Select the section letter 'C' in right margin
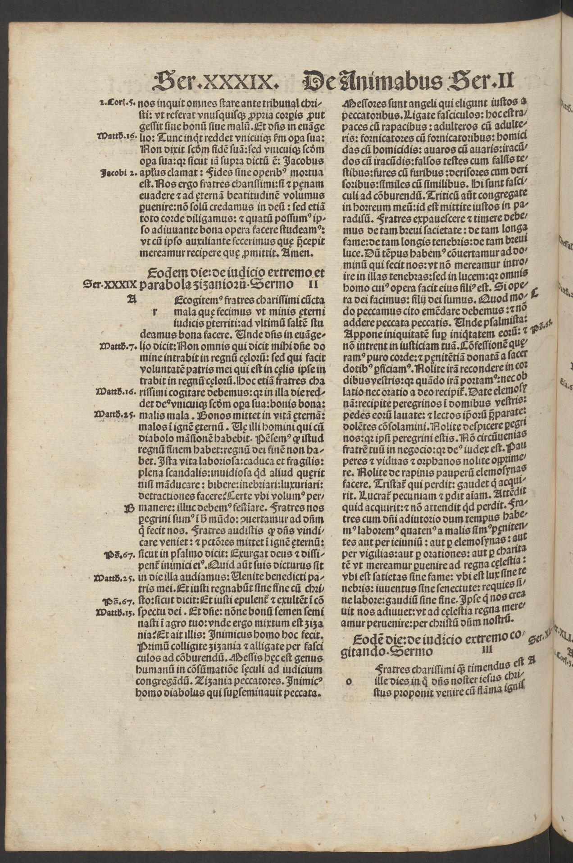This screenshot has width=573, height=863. [535, 293]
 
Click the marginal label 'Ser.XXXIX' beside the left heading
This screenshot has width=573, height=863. [110, 285]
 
